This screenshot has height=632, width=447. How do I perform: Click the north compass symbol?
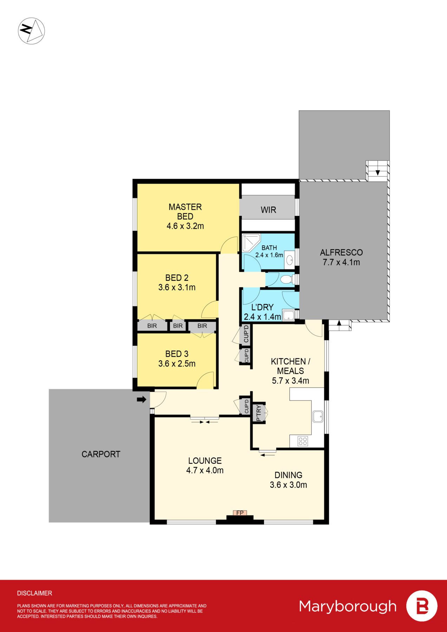point(31,31)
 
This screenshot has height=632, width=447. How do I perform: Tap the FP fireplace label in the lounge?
point(240,513)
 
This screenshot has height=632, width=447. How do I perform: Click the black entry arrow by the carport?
point(142,400)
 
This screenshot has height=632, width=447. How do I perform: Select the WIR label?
point(268,210)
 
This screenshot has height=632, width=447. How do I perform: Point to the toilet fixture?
point(286,280)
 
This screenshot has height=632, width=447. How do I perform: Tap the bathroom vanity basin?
point(290,260)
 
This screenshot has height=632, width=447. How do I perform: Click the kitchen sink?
point(318,417)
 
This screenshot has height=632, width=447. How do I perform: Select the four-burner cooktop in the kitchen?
point(303,441)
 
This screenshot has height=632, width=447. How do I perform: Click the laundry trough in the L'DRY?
point(288,315)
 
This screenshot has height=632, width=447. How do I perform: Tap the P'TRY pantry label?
point(259,413)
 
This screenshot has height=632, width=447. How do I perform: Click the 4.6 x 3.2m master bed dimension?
point(185,226)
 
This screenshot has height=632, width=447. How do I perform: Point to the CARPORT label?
point(101,454)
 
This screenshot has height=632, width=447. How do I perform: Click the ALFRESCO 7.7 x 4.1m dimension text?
point(341,262)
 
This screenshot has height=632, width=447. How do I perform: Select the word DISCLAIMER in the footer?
point(34,593)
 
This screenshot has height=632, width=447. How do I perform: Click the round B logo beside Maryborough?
point(422,606)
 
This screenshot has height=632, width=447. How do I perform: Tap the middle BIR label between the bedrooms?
point(178,326)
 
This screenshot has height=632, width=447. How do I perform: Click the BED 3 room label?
point(177,354)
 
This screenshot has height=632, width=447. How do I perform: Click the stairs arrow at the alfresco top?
point(378,172)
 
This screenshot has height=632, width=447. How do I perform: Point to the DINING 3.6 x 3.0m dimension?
point(288,485)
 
